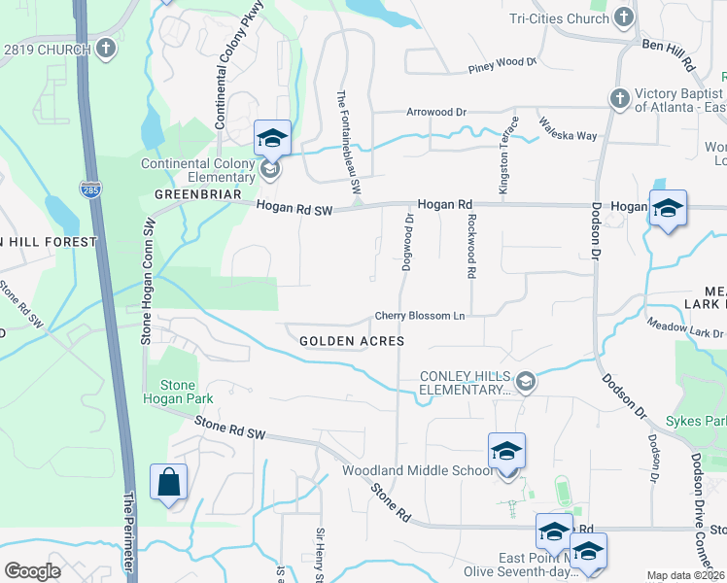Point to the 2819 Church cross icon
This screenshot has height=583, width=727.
(101, 47)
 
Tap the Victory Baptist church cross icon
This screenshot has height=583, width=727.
(619, 97)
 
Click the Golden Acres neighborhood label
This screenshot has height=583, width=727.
(351, 341)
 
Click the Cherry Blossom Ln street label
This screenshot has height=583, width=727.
(421, 317)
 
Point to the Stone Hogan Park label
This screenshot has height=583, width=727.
(178, 391)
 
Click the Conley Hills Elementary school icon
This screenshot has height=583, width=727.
(526, 380)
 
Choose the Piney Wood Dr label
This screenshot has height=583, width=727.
(502, 63)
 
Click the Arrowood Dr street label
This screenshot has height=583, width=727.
(435, 113)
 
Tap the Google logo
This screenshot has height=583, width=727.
(32, 570)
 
